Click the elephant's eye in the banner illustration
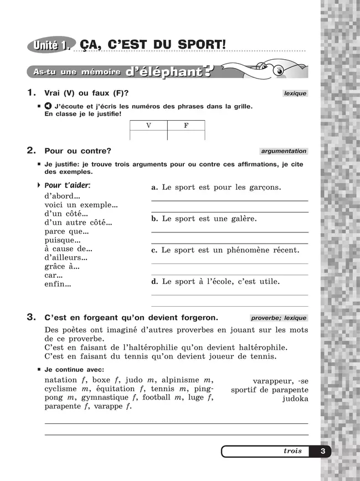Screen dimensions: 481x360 pos(279,70)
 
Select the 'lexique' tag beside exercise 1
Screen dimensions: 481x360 pos(295,94)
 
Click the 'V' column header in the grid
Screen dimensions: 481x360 pos(148,126)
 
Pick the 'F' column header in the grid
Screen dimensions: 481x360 pos(186,126)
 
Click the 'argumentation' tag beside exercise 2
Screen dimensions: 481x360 pos(284,151)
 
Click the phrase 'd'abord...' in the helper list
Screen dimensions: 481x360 pos(62,196)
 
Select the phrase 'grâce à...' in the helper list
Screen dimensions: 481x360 pos(61,266)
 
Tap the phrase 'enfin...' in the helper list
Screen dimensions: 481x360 pos(58,285)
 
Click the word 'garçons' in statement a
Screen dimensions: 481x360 pos(264,188)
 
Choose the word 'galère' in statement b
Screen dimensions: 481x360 pos(241,219)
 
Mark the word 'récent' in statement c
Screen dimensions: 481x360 pos(282,250)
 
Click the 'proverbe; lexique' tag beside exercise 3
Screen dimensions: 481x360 pos(278,318)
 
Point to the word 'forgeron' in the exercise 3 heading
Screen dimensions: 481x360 pos(197,318)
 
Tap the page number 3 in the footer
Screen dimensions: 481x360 pos(322,451)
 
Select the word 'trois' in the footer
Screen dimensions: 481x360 pos(292,451)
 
